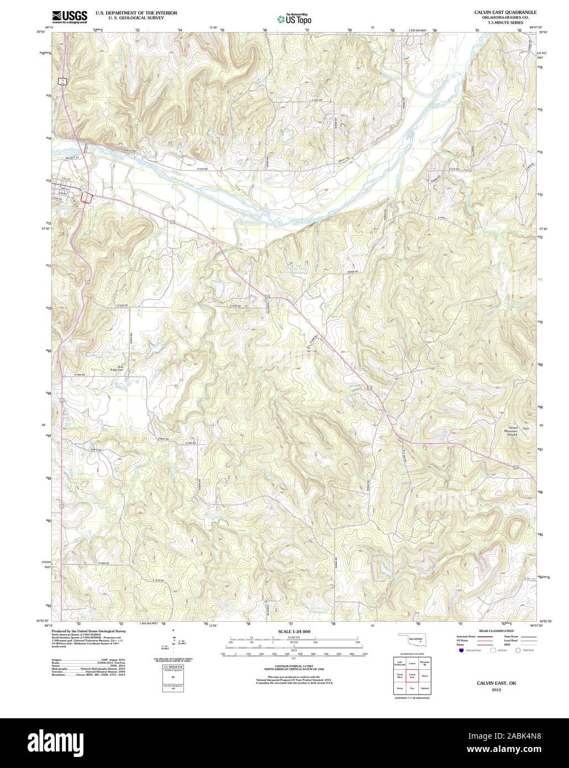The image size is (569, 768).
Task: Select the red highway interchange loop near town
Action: tap(86, 197)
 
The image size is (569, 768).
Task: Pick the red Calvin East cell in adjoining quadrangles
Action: tap(412, 675)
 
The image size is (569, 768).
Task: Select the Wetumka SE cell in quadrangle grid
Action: tap(424, 662)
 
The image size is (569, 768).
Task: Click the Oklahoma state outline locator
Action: tap(412, 641)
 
